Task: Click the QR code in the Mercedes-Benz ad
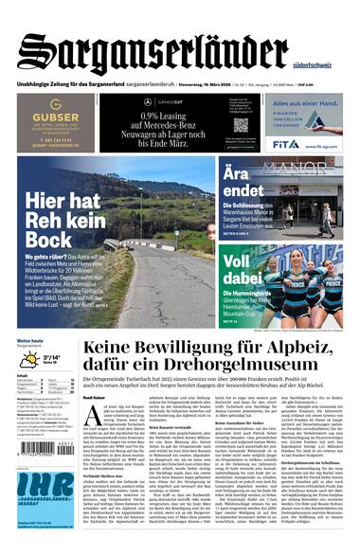241,124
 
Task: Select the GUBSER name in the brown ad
55,116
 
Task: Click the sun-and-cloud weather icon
29,360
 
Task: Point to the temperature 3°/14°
52,356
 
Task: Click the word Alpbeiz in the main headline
301,350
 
